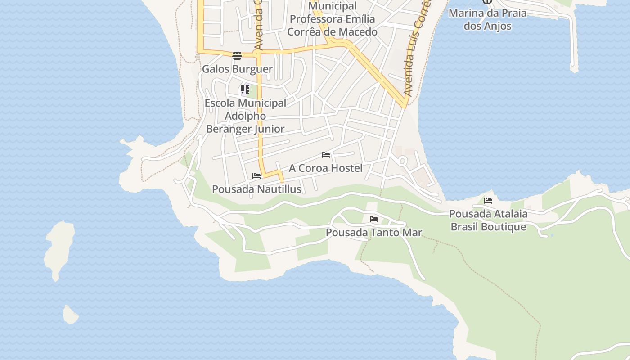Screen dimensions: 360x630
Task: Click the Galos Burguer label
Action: coord(237,69)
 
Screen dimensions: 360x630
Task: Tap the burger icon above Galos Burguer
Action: coord(237,55)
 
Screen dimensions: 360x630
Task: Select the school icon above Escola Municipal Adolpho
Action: coord(245,89)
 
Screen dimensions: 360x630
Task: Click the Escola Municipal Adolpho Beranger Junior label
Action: coord(246,116)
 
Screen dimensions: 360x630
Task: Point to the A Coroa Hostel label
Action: coord(325,168)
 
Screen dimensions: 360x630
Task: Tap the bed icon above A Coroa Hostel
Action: coord(326,155)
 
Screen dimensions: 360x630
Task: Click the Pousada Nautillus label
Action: coord(256,189)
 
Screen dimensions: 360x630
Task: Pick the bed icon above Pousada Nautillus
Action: coord(256,175)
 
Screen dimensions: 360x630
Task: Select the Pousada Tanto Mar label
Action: coord(373,233)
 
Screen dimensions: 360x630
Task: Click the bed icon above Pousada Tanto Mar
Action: coord(373,219)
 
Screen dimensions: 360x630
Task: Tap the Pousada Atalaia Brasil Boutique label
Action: coord(488,220)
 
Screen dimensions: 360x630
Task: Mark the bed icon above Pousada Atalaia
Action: coord(488,201)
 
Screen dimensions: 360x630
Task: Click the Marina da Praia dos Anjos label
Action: coord(488,19)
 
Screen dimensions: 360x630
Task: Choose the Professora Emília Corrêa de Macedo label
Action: coord(332,25)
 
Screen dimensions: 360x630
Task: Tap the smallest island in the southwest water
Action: coord(70,315)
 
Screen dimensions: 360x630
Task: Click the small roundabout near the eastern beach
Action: coord(403,161)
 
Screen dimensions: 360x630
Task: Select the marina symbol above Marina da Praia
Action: coord(487,1)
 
